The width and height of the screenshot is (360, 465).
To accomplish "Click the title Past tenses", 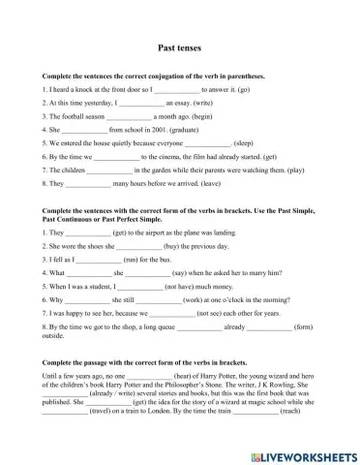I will [179, 46].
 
